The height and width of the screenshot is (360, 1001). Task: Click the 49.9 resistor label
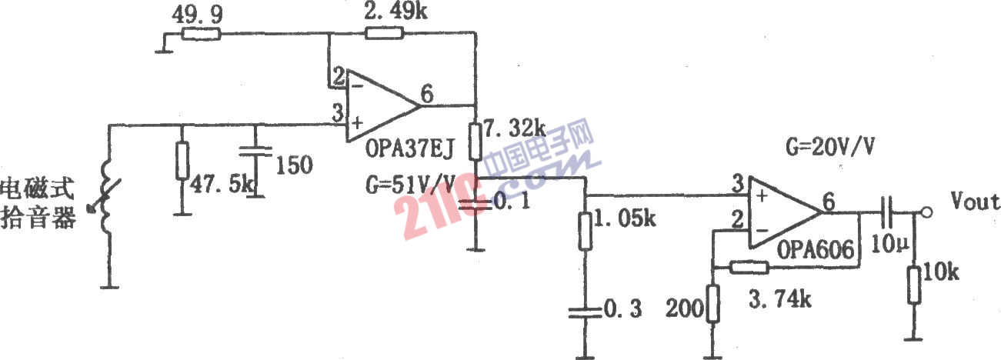(197, 15)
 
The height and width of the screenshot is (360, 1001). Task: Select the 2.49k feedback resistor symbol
(384, 33)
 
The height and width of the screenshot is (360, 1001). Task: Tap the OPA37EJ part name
(409, 148)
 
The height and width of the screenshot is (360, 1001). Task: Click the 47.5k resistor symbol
(182, 161)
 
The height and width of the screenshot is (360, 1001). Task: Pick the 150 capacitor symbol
(255, 152)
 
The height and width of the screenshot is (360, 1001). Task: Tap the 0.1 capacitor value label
(512, 202)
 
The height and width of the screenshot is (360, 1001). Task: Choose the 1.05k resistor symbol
(586, 231)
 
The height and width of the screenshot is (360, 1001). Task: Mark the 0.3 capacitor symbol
(586, 313)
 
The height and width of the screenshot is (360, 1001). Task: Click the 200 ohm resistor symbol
(712, 304)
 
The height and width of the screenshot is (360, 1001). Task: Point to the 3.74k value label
(780, 299)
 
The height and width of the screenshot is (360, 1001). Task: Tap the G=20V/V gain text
(830, 147)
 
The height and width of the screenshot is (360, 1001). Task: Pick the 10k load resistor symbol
(914, 285)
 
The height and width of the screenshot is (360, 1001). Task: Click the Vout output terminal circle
(927, 212)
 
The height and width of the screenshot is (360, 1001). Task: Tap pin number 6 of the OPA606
(829, 202)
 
